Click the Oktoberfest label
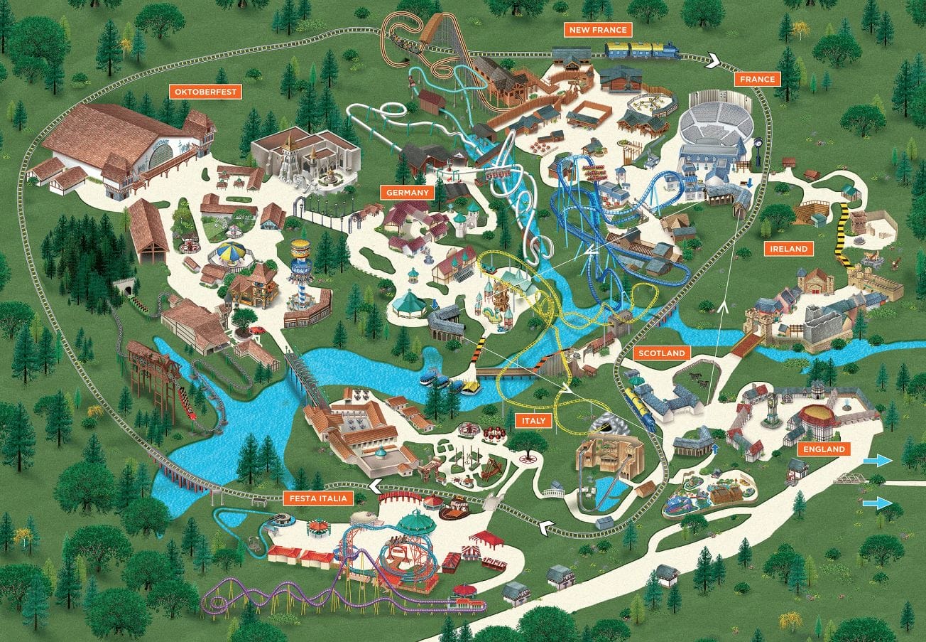point(205,91)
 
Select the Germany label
point(407,193)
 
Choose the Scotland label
point(660,353)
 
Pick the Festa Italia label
point(318,498)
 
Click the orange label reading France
point(757,79)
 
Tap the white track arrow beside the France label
point(713,63)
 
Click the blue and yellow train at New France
point(641,50)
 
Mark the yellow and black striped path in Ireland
point(844,233)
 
